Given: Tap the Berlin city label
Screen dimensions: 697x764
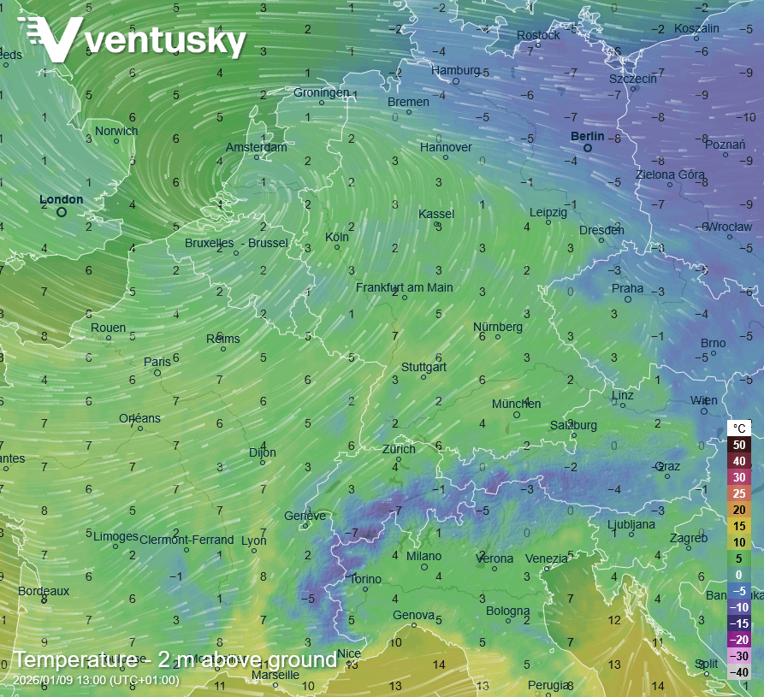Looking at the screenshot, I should [588, 136].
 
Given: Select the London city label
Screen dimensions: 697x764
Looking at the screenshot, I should [62, 199].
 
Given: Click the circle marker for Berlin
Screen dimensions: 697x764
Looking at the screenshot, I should [588, 148].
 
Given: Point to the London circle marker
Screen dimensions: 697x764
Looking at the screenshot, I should [62, 211].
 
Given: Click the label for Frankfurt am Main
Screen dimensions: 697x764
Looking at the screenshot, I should [405, 287].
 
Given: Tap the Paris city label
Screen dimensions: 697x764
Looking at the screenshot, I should [157, 362].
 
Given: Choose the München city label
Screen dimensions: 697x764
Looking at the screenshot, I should [517, 404].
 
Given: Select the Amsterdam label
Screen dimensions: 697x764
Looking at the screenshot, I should [256, 147].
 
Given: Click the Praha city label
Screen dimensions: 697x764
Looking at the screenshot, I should [627, 288].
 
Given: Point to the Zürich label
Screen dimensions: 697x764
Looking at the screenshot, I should [399, 449].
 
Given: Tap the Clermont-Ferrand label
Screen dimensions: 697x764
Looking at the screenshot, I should [187, 540].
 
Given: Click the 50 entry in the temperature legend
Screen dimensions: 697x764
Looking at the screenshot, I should [739, 445].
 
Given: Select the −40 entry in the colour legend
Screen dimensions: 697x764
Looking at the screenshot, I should [739, 672].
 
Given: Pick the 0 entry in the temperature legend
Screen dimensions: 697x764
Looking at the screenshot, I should [739, 575].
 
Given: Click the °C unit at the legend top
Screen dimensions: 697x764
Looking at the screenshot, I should [739, 428].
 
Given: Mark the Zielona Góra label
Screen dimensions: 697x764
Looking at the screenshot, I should [670, 174].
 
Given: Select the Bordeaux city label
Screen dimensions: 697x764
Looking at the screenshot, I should [44, 591].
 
